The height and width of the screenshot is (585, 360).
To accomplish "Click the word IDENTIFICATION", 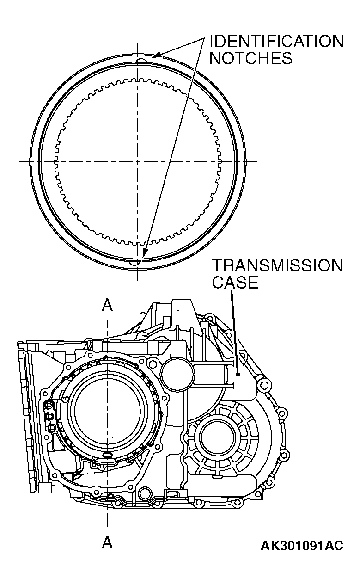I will coord(276,42).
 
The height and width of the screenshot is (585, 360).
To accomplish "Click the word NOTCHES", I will coord(251,58).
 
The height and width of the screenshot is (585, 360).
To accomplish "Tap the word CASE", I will coord(235,282).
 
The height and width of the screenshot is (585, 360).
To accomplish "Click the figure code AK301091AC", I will coord(302,546).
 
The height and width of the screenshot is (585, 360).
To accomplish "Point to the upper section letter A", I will coord(107,305).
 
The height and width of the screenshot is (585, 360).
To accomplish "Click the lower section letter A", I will coord(107,542).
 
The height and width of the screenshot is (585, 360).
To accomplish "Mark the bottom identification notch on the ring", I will coord(136,262).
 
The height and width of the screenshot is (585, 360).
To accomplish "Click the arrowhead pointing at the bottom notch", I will coord(144,253).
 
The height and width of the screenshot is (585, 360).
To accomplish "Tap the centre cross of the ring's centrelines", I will coord(138,161).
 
